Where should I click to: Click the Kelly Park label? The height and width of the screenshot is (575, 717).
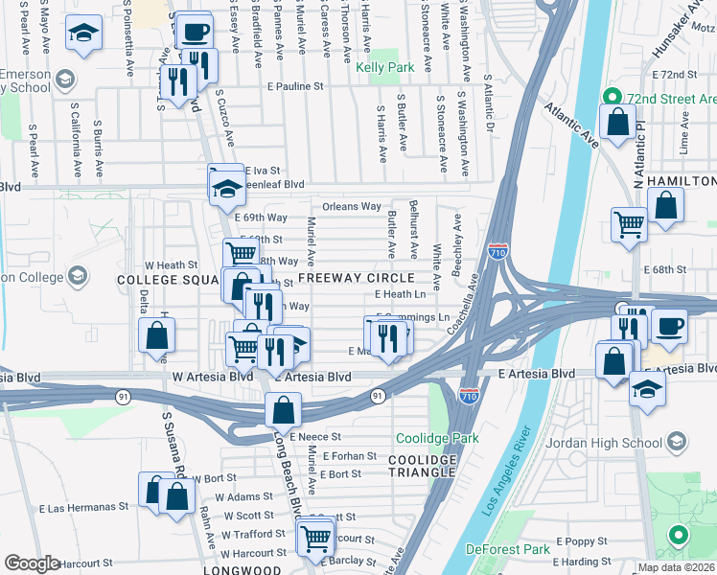click(384, 68)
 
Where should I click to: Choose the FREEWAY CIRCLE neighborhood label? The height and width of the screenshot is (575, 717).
click(356, 278)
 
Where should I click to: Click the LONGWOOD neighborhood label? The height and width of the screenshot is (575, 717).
click(241, 570)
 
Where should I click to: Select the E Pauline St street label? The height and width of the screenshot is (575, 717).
click(296, 86)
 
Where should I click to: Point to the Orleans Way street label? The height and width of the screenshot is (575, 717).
click(352, 206)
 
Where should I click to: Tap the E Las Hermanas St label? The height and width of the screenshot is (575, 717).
click(83, 507)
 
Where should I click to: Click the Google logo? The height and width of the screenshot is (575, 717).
click(32, 563)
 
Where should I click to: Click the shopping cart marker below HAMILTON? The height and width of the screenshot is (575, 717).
click(630, 224)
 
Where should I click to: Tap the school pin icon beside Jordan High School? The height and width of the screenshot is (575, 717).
click(678, 442)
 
